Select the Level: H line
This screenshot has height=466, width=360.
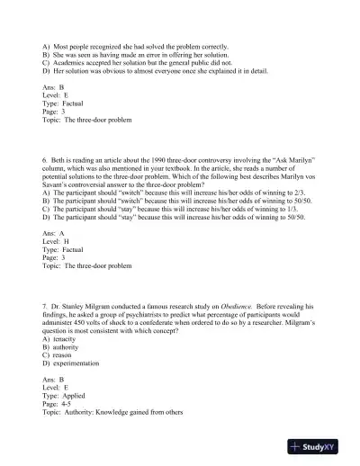coord(57,241)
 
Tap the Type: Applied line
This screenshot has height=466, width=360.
coord(63,395)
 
